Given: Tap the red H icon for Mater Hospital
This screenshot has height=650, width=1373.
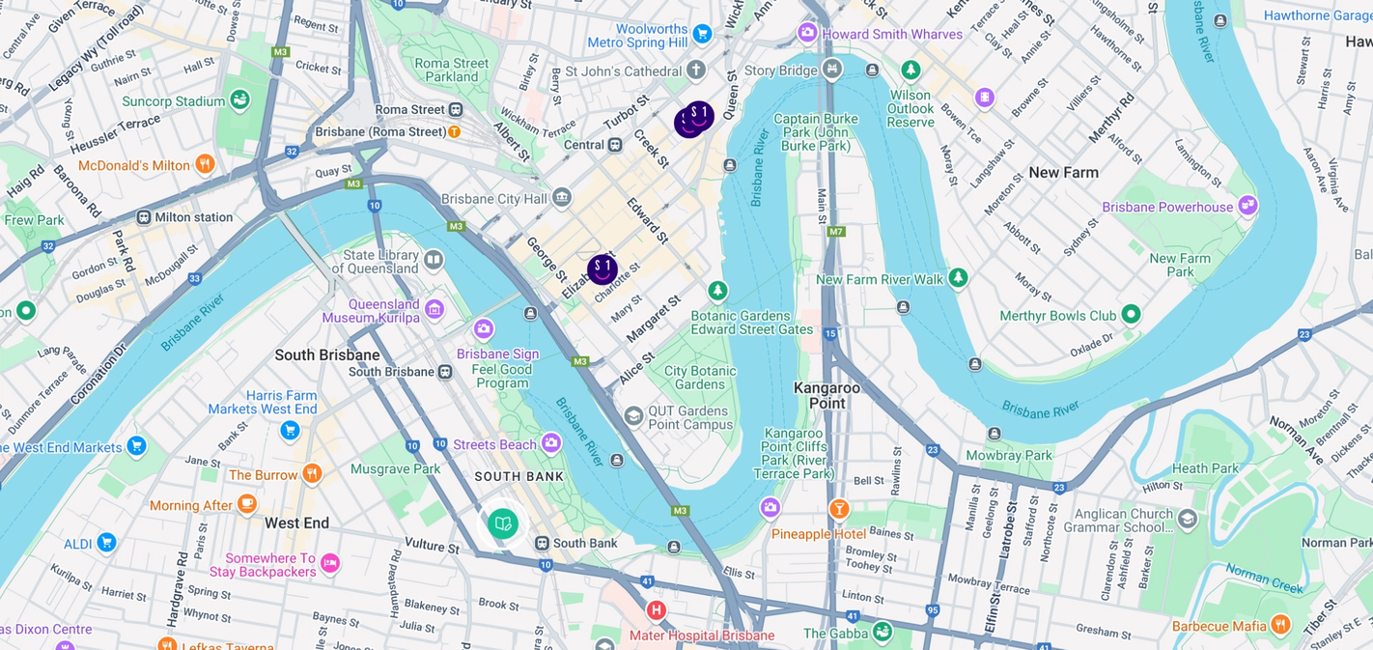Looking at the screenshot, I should coord(657,610).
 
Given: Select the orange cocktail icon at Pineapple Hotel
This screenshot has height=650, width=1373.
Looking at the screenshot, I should coord(839,508).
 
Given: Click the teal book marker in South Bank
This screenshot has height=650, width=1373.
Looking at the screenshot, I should coord(502,524).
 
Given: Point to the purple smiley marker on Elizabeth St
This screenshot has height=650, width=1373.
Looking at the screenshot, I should coord(602,269).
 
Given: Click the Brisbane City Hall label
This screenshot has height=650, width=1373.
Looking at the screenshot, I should coord(493,199).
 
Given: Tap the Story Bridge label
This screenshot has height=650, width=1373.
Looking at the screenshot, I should coord(780,71).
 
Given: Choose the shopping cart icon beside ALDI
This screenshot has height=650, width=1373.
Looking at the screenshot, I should coord(107,543).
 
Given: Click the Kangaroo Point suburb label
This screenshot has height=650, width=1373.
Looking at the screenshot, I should coord(827,394).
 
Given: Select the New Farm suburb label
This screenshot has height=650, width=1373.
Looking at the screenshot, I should coord(1063,173).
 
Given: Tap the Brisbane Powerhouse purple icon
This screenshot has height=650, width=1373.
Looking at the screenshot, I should coord(1248,205).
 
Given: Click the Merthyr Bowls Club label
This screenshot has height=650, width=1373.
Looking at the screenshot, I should coord(1057,316).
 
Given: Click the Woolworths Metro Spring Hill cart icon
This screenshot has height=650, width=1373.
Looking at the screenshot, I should coord(702,34).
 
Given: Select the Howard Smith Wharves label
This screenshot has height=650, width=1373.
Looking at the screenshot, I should coord(892,35).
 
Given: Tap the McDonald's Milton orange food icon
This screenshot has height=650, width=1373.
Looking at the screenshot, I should coord(204,164).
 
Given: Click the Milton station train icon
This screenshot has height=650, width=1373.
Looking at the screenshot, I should coord(144,217).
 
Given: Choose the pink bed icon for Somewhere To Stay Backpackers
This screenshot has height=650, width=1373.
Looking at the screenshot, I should coord(330,563).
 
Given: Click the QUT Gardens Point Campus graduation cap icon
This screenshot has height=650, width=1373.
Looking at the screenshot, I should coord(633,416).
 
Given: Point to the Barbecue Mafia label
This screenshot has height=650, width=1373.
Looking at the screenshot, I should coord(1219,626).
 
